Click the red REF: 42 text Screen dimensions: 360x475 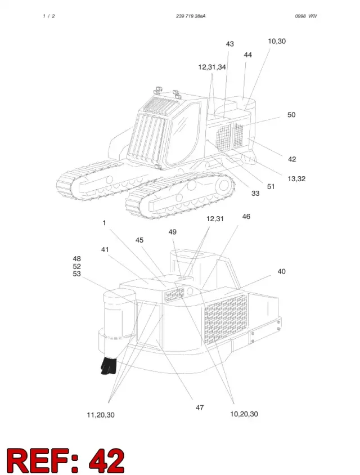[66, 460]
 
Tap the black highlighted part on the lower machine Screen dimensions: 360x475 [109, 366]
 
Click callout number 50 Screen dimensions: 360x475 [291, 115]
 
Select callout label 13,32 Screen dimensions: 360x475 [296, 179]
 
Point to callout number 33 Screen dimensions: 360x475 [255, 193]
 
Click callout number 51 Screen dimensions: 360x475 [271, 187]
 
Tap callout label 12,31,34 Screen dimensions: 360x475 [212, 67]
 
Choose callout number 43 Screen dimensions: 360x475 [230, 44]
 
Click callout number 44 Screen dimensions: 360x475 [247, 55]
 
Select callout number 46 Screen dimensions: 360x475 [246, 216]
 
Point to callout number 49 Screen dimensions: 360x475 [172, 232]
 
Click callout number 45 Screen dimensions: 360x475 [139, 240]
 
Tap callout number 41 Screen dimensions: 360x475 [105, 250]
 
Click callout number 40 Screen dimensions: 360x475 [281, 271]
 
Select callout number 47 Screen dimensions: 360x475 [200, 408]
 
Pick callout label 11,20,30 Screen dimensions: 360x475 [101, 415]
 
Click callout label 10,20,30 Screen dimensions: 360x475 [244, 414]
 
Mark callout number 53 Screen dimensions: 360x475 [77, 274]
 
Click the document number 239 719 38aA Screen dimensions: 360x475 [191, 16]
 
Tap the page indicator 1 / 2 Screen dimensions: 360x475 [49, 16]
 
